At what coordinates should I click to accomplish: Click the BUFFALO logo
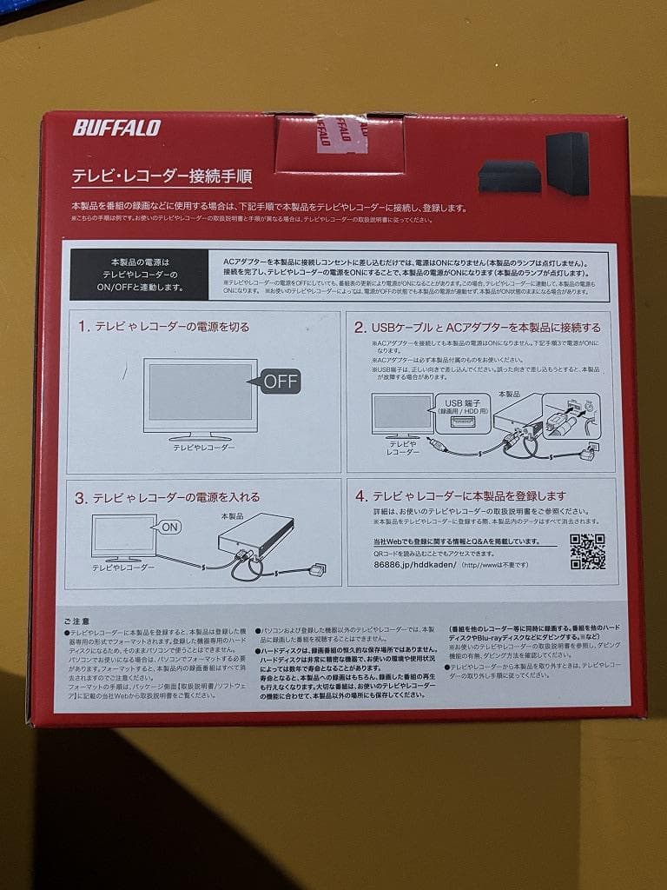[x=116, y=128]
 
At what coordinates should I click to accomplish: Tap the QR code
[x=587, y=551]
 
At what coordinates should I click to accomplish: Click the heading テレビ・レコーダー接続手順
[x=162, y=176]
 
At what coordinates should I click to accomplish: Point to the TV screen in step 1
[x=200, y=392]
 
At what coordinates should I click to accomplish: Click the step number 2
[x=359, y=328]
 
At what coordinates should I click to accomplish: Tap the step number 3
[x=80, y=498]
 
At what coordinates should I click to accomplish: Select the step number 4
[x=360, y=496]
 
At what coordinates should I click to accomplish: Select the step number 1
[x=83, y=328]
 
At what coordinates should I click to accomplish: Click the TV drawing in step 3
[x=123, y=539]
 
